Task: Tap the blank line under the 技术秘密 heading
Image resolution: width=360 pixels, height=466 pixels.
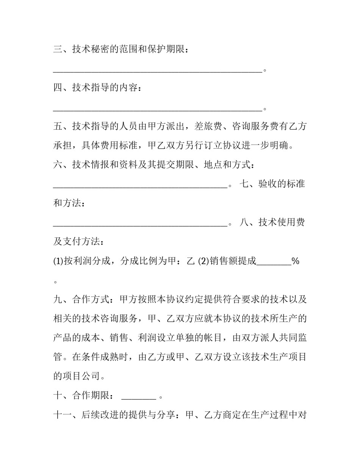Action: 158,71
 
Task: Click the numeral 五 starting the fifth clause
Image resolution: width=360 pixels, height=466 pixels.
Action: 58,127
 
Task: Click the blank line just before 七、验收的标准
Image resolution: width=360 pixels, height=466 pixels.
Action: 140,186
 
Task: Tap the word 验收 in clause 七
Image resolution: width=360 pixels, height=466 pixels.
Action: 268,184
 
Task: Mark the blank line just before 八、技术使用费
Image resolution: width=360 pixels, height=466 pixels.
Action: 140,224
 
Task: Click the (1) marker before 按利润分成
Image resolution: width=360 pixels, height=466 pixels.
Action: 58,261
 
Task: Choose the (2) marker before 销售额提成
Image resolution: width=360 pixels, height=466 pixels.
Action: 203,261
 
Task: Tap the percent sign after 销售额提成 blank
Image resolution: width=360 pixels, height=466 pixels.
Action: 296,261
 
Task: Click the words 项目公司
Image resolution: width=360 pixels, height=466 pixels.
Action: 81,376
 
